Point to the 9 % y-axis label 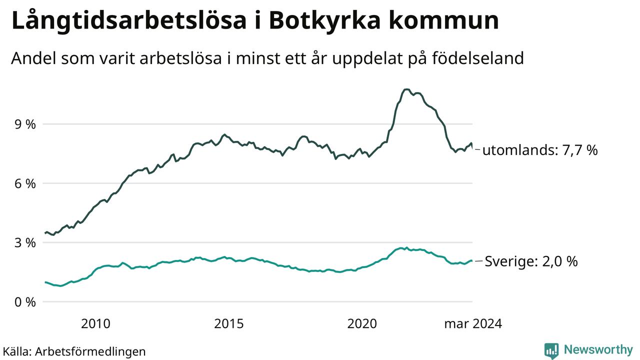pos(24,124)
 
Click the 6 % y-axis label pos(24,183)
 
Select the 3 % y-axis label pos(24,243)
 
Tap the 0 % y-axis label pos(24,302)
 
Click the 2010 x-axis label pos(95,323)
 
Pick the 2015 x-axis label pos(229,323)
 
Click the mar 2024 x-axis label pos(472,323)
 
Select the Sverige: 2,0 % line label pos(531,261)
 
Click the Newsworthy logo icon pos(551,350)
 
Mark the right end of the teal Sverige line pos(472,261)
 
